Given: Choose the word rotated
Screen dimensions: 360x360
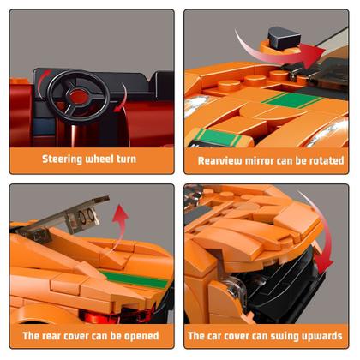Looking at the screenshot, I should point(326,160).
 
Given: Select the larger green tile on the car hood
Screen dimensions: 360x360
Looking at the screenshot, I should point(291,100).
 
